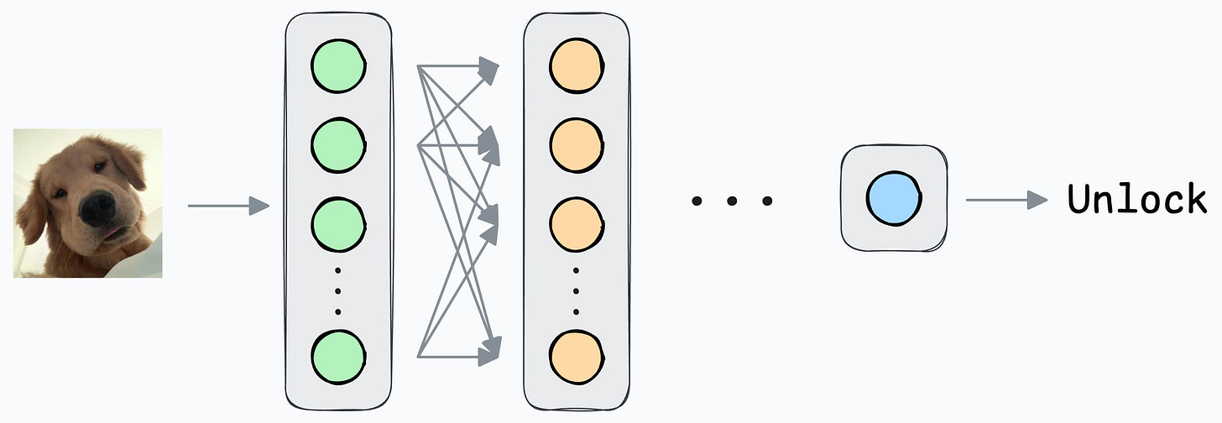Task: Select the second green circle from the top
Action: coord(338,145)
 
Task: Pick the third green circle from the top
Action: coord(338,220)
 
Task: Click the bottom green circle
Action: coord(338,355)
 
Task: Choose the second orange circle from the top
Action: coord(576,144)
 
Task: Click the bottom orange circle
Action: coord(576,355)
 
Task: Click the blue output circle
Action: coord(894,199)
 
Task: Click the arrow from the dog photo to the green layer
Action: coord(227,205)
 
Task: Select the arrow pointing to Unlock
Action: coord(1006,200)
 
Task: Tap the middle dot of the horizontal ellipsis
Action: coord(731,201)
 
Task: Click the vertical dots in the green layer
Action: coord(338,290)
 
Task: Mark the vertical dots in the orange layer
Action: coord(576,290)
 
